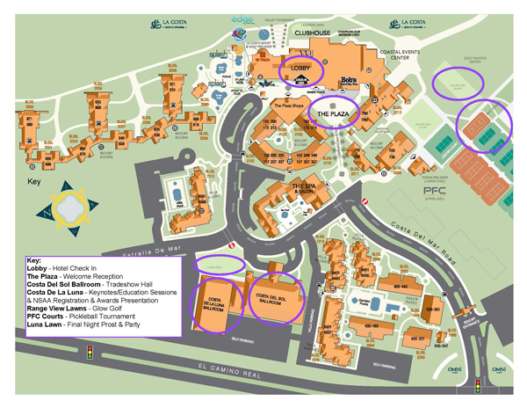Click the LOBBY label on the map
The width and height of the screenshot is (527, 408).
[x=301, y=67]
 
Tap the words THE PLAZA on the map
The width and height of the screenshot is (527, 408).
[x=333, y=115]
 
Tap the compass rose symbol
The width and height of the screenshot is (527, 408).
[x=67, y=208]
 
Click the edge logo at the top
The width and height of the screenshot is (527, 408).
[x=242, y=19]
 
